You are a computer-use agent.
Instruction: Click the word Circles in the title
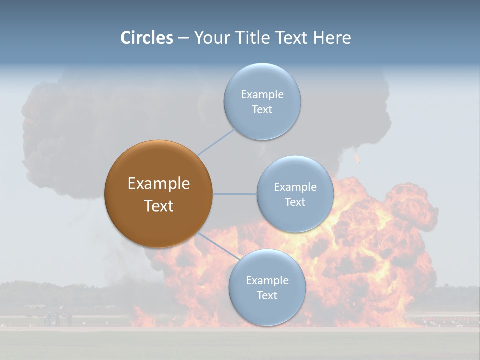(147, 38)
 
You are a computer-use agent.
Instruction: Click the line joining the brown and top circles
(216, 142)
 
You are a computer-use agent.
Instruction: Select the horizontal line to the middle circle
(235, 194)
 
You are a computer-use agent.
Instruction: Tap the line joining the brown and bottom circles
(218, 247)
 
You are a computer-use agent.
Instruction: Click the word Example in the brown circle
(158, 184)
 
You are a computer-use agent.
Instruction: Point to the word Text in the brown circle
(158, 206)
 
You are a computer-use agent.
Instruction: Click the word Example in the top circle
(262, 95)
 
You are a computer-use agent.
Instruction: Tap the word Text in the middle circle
(295, 202)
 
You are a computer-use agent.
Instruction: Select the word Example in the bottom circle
(267, 281)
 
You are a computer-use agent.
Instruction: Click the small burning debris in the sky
(356, 159)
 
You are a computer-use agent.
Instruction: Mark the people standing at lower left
(54, 319)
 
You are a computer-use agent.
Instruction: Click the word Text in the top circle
(262, 110)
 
